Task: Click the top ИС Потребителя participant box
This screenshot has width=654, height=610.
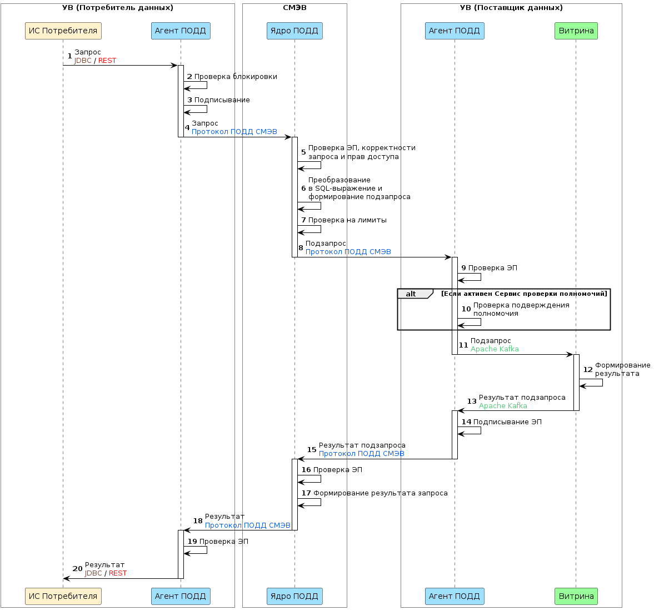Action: pos(63,31)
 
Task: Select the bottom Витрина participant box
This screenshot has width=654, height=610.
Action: pos(576,596)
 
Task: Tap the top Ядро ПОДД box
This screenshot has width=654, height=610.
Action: pos(294,31)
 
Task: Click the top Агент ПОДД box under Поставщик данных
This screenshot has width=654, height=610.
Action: pos(454,31)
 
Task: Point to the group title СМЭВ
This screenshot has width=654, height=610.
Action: pos(294,8)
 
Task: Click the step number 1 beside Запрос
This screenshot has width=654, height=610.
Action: pos(69,56)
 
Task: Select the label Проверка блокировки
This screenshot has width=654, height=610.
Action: pos(236,77)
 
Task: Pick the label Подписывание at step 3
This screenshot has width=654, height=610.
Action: pos(222,100)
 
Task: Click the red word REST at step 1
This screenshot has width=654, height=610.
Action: pos(107,61)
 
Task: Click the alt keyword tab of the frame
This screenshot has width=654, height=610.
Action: pos(411,294)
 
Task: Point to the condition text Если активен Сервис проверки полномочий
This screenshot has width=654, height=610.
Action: pos(524,294)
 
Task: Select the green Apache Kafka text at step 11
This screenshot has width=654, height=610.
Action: pos(495,349)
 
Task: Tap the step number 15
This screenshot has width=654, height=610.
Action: pos(312,449)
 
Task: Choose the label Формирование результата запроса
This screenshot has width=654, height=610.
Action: pos(380,493)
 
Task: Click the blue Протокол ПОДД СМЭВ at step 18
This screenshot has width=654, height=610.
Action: pos(247,525)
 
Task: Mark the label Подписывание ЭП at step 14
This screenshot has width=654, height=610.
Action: pos(507,422)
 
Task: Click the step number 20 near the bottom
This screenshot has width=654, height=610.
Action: pos(78,568)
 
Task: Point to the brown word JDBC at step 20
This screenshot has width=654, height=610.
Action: pos(93,573)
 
